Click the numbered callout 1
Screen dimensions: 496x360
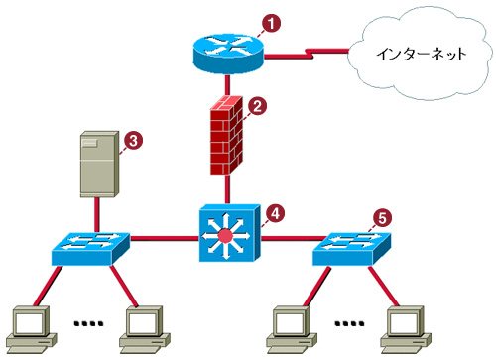point(271,23)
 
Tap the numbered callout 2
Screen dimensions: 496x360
point(257,106)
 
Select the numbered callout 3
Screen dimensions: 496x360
point(133,141)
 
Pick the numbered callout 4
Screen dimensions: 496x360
point(275,213)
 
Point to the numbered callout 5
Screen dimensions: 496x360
point(382,218)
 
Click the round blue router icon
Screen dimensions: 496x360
point(228,54)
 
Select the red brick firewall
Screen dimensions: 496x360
point(227,136)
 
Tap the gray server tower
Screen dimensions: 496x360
point(99,165)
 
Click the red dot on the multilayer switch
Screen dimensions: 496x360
point(225,236)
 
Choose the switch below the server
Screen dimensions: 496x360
point(90,249)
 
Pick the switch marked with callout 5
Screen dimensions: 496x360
point(351,249)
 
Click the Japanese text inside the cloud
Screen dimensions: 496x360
point(422,54)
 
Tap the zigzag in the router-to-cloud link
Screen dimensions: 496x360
point(310,54)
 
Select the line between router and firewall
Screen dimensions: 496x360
point(227,85)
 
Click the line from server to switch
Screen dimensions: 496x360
point(96,215)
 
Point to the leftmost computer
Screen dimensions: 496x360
point(31,329)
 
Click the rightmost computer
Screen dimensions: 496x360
point(406,329)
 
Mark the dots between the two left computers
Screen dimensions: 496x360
point(88,323)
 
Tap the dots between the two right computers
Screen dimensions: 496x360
point(349,323)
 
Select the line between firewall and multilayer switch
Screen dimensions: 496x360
point(227,189)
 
